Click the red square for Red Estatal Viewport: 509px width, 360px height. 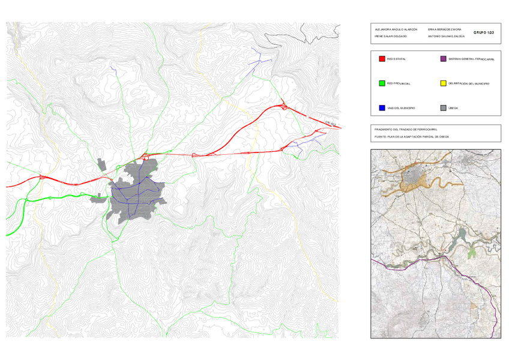382,59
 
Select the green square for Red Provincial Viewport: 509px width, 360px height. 382,83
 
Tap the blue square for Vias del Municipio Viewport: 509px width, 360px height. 382,108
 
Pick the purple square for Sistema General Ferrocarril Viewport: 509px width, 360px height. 444,59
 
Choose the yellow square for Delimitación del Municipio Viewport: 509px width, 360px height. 444,83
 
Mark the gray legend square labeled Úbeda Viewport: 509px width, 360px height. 444,108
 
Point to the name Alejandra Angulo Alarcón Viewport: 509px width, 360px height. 396,29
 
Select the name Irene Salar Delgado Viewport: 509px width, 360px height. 391,37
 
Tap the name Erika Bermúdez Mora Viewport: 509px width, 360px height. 445,29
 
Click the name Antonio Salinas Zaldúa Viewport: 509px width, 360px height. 447,37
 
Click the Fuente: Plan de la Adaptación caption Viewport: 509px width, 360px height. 411,137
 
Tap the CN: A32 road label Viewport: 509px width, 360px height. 330,124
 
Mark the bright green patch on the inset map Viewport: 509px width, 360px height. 472,252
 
